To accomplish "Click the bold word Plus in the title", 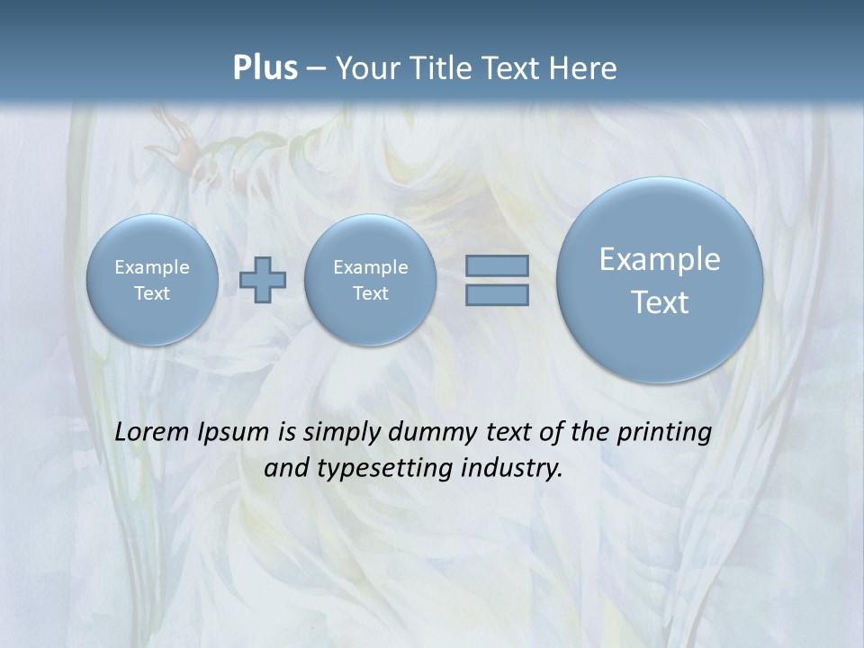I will click(x=265, y=68).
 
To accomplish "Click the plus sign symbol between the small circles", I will click(x=263, y=280).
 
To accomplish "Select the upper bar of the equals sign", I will click(x=497, y=265).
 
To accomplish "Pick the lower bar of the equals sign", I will click(x=497, y=294).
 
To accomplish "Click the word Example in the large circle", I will click(x=660, y=259).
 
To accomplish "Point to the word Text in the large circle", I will click(x=660, y=302).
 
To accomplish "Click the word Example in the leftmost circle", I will click(x=152, y=267).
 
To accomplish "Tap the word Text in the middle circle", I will click(x=370, y=293).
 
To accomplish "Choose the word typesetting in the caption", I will click(x=384, y=468).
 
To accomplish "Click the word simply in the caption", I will click(x=341, y=432).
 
